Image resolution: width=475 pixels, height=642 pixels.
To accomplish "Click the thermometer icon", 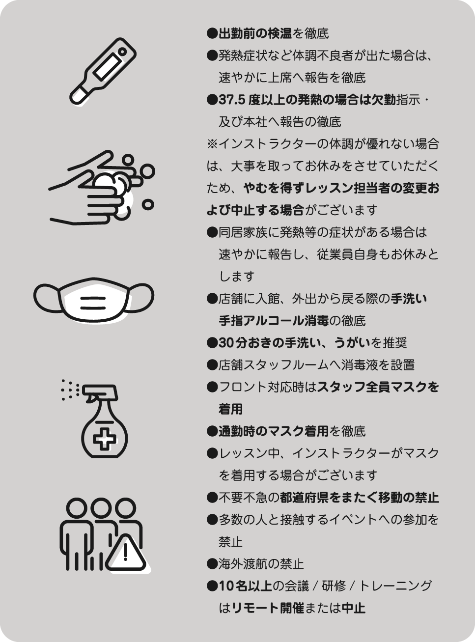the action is coord(103,71).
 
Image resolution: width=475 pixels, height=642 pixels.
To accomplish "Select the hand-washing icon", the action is coord(101,187).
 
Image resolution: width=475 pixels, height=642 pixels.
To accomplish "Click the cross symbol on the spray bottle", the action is coord(105,438).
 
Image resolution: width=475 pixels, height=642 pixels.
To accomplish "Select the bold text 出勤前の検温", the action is coord(255,34).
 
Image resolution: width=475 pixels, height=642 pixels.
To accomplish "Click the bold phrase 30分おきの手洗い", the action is coord(269,343).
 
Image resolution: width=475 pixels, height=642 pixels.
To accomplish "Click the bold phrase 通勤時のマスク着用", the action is coord(274,431).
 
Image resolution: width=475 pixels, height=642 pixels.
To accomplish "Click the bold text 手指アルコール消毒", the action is coord(274,321).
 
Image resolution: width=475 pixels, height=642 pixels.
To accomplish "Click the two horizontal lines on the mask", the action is coord(93,303).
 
